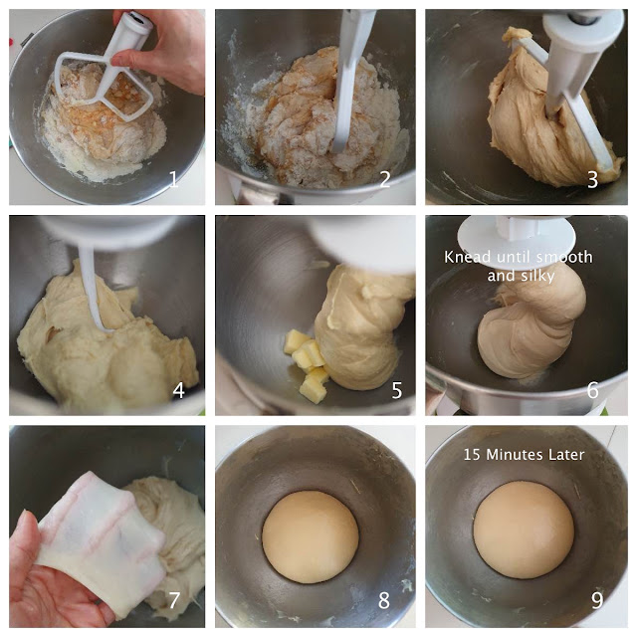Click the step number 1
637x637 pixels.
(x=173, y=179)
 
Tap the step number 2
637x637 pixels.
(x=385, y=179)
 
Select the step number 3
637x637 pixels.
(x=593, y=179)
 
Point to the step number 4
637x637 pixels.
(x=179, y=390)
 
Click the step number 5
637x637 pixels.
(x=397, y=390)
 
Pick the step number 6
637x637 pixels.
(x=593, y=390)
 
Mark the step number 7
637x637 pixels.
(x=174, y=600)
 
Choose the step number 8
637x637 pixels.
(x=384, y=600)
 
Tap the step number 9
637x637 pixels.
(x=597, y=600)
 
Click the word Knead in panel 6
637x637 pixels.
(x=468, y=257)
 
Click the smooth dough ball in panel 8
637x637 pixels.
(x=311, y=537)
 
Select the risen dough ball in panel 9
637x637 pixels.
(x=524, y=530)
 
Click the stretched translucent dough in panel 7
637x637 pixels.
(x=100, y=540)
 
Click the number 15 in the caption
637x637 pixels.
(x=472, y=455)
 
